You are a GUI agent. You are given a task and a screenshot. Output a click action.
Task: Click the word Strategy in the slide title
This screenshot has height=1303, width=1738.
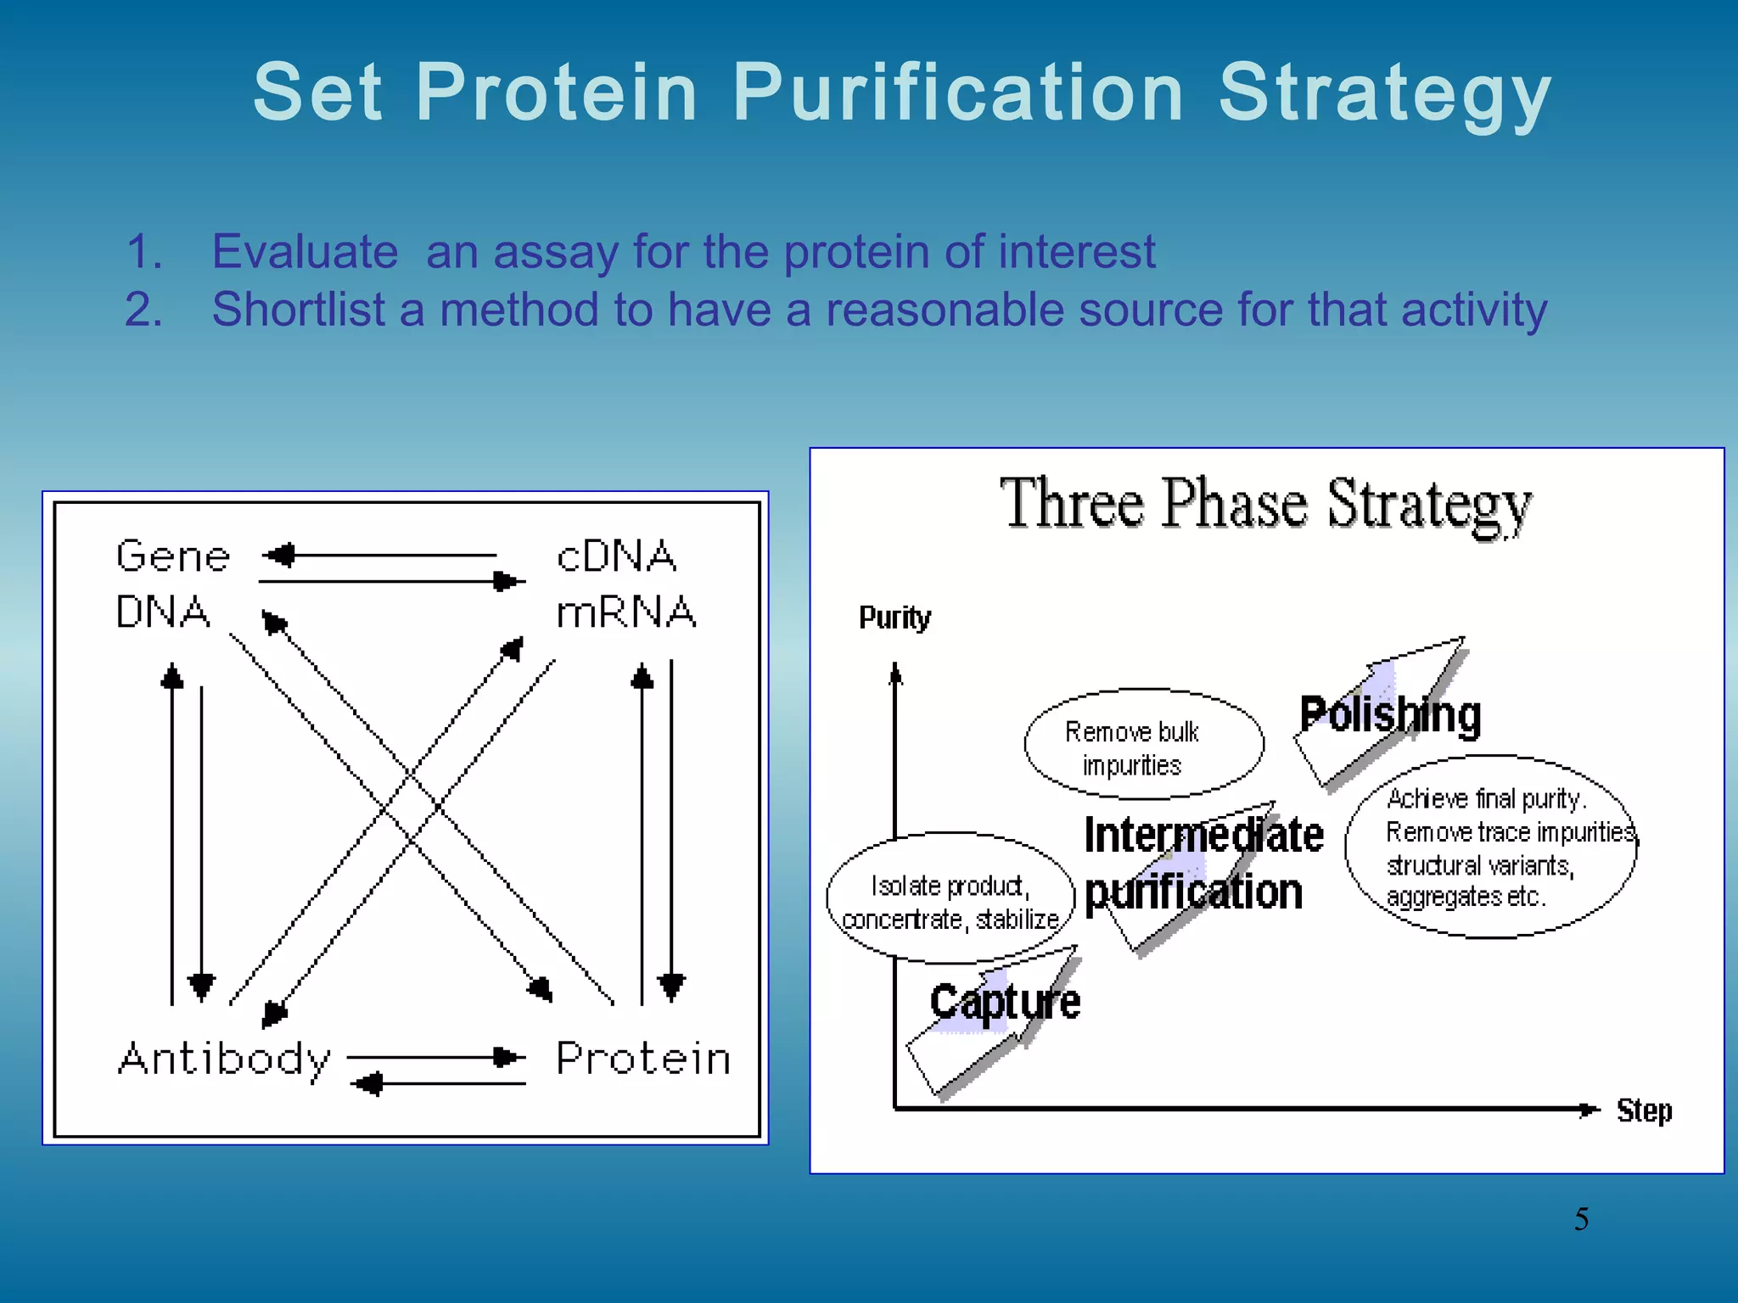pos(1384,93)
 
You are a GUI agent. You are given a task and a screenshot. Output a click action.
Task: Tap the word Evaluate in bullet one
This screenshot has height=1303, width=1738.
pos(305,252)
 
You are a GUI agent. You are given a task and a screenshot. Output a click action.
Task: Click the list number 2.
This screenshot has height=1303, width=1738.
pos(143,310)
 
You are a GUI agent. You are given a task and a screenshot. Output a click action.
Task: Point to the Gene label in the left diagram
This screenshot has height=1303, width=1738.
pos(173,557)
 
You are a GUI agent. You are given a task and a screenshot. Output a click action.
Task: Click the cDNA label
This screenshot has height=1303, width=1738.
pos(617,557)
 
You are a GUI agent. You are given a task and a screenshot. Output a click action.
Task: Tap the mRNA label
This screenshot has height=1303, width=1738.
pos(626,612)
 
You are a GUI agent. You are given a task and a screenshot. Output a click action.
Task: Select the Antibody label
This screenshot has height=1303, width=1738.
pos(224,1060)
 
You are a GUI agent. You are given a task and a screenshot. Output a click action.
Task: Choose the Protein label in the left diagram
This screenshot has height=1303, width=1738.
pos(643,1060)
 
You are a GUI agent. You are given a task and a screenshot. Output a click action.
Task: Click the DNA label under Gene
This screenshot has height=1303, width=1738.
pos(163,612)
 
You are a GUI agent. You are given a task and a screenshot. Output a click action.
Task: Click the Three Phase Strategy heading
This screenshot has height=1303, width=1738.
pos(1265,504)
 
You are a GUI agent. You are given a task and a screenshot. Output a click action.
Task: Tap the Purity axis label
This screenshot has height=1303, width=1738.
pos(894,618)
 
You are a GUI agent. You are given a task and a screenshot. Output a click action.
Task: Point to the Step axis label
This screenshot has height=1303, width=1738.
pos(1644,1110)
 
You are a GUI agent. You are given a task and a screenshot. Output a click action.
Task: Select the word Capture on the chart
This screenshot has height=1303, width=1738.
pos(1005,1003)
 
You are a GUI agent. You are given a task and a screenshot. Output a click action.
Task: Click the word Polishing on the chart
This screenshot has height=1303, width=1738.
pos(1390,714)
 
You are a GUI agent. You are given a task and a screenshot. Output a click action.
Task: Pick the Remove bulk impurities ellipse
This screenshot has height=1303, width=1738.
pos(1143,744)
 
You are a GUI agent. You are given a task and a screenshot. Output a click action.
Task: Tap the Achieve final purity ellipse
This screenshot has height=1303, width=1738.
pos(1490,847)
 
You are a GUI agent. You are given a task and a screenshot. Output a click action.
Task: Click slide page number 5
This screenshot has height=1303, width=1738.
pos(1581,1219)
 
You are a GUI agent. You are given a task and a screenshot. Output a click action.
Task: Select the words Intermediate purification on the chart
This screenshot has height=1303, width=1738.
pos(1203,864)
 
